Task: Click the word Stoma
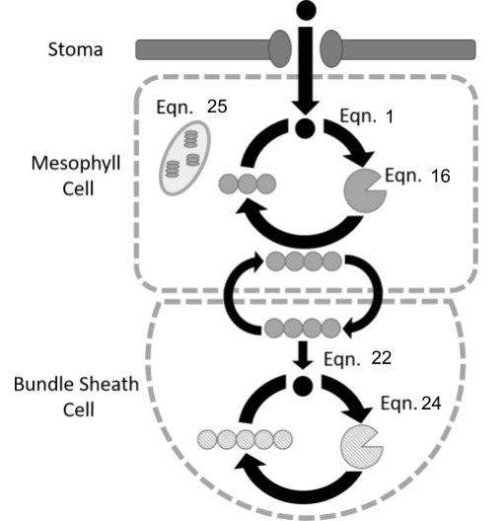[x=75, y=50]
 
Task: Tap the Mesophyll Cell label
[x=76, y=176]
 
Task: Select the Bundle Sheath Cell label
[x=76, y=397]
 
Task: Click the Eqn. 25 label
[x=191, y=107]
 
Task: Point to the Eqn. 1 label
[x=367, y=116]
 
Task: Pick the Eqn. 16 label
[x=417, y=176]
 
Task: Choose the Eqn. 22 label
[x=358, y=358]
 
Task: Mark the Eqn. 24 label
[x=410, y=403]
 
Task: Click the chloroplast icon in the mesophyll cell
[x=184, y=158]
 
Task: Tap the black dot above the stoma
[x=306, y=10]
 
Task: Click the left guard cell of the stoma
[x=280, y=49]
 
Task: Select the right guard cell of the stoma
[x=331, y=49]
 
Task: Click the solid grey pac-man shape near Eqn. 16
[x=364, y=190]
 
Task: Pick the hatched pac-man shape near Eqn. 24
[x=361, y=447]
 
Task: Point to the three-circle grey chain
[x=248, y=184]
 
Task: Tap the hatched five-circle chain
[x=245, y=440]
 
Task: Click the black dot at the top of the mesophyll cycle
[x=305, y=127]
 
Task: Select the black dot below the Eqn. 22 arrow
[x=303, y=386]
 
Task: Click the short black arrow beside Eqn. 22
[x=303, y=355]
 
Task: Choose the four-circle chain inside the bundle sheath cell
[x=303, y=329]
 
